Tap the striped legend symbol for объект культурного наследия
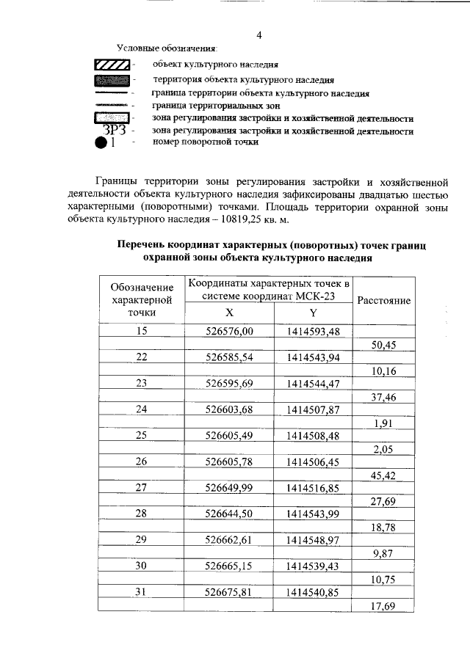[x=112, y=65]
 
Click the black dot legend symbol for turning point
[x=102, y=144]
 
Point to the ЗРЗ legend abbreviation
[x=115, y=131]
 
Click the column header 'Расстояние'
[x=383, y=300]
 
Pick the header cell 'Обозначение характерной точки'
[x=142, y=299]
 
